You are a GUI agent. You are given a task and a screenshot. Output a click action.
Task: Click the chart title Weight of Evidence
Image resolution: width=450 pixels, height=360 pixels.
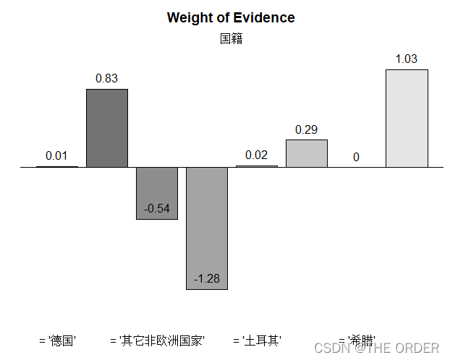click(230, 17)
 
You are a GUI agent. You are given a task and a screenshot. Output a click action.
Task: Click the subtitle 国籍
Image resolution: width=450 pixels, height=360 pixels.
click(231, 38)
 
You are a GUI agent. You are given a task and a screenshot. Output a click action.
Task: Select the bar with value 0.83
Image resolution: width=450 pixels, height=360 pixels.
click(107, 128)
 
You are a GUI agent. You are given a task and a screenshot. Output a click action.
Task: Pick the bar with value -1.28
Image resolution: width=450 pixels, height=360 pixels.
click(207, 228)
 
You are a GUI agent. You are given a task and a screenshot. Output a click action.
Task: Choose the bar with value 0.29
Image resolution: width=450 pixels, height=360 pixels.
click(307, 153)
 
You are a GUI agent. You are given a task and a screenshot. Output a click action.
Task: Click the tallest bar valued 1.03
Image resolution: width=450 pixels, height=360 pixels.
click(407, 119)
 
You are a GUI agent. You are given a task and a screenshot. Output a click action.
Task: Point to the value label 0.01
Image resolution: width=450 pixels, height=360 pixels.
click(56, 155)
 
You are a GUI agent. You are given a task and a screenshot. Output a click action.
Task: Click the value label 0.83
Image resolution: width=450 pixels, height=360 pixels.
click(107, 78)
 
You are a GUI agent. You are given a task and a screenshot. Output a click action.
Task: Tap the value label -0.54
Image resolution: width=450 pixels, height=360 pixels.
click(157, 209)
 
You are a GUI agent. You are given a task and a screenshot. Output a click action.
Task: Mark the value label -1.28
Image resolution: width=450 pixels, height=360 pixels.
click(207, 278)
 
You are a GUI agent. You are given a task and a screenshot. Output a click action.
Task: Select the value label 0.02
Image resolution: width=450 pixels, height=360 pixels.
click(256, 155)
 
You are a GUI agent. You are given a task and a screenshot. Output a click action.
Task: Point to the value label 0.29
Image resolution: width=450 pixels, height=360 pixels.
click(307, 129)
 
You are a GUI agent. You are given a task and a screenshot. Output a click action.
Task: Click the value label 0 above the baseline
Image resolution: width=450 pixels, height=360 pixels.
click(357, 157)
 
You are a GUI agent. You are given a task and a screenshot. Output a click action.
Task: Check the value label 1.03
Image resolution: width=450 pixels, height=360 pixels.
click(407, 59)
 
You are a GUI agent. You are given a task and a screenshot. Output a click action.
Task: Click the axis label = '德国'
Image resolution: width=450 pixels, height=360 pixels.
click(58, 340)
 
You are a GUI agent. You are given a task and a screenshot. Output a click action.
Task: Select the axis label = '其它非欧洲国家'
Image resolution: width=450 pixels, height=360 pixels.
click(158, 340)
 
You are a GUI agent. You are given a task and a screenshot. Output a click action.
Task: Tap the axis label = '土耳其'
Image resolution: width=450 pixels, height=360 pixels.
click(258, 340)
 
